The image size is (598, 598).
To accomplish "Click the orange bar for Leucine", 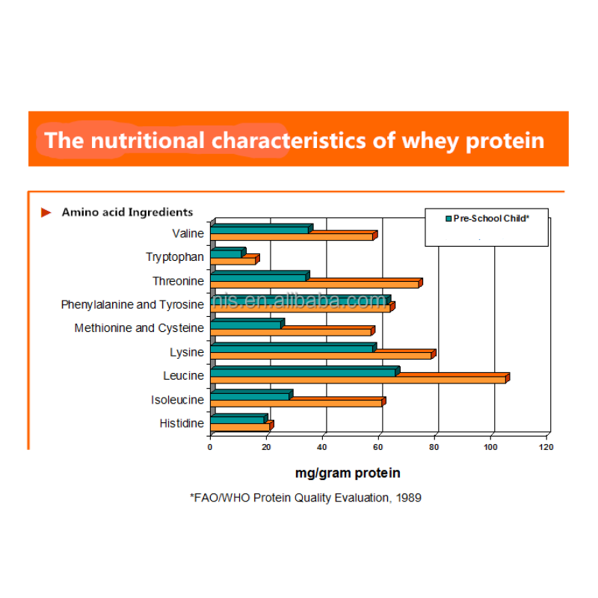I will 359,380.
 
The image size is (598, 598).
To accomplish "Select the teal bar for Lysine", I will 292,348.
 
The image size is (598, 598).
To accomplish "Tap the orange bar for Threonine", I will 315,285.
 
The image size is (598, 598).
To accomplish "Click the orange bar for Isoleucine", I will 296,403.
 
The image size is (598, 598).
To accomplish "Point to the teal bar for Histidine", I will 238,419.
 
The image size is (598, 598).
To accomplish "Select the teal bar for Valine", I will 260,229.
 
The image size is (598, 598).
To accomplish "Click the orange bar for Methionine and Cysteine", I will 291,332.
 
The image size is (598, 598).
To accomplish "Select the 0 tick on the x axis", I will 210,447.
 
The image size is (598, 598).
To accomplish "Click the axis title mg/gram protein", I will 348,473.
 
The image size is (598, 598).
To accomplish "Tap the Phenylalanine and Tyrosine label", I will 132,304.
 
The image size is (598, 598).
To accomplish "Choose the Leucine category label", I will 183,376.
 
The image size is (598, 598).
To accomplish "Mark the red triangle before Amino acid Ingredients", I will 46,213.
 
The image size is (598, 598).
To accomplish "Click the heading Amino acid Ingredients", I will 127,212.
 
